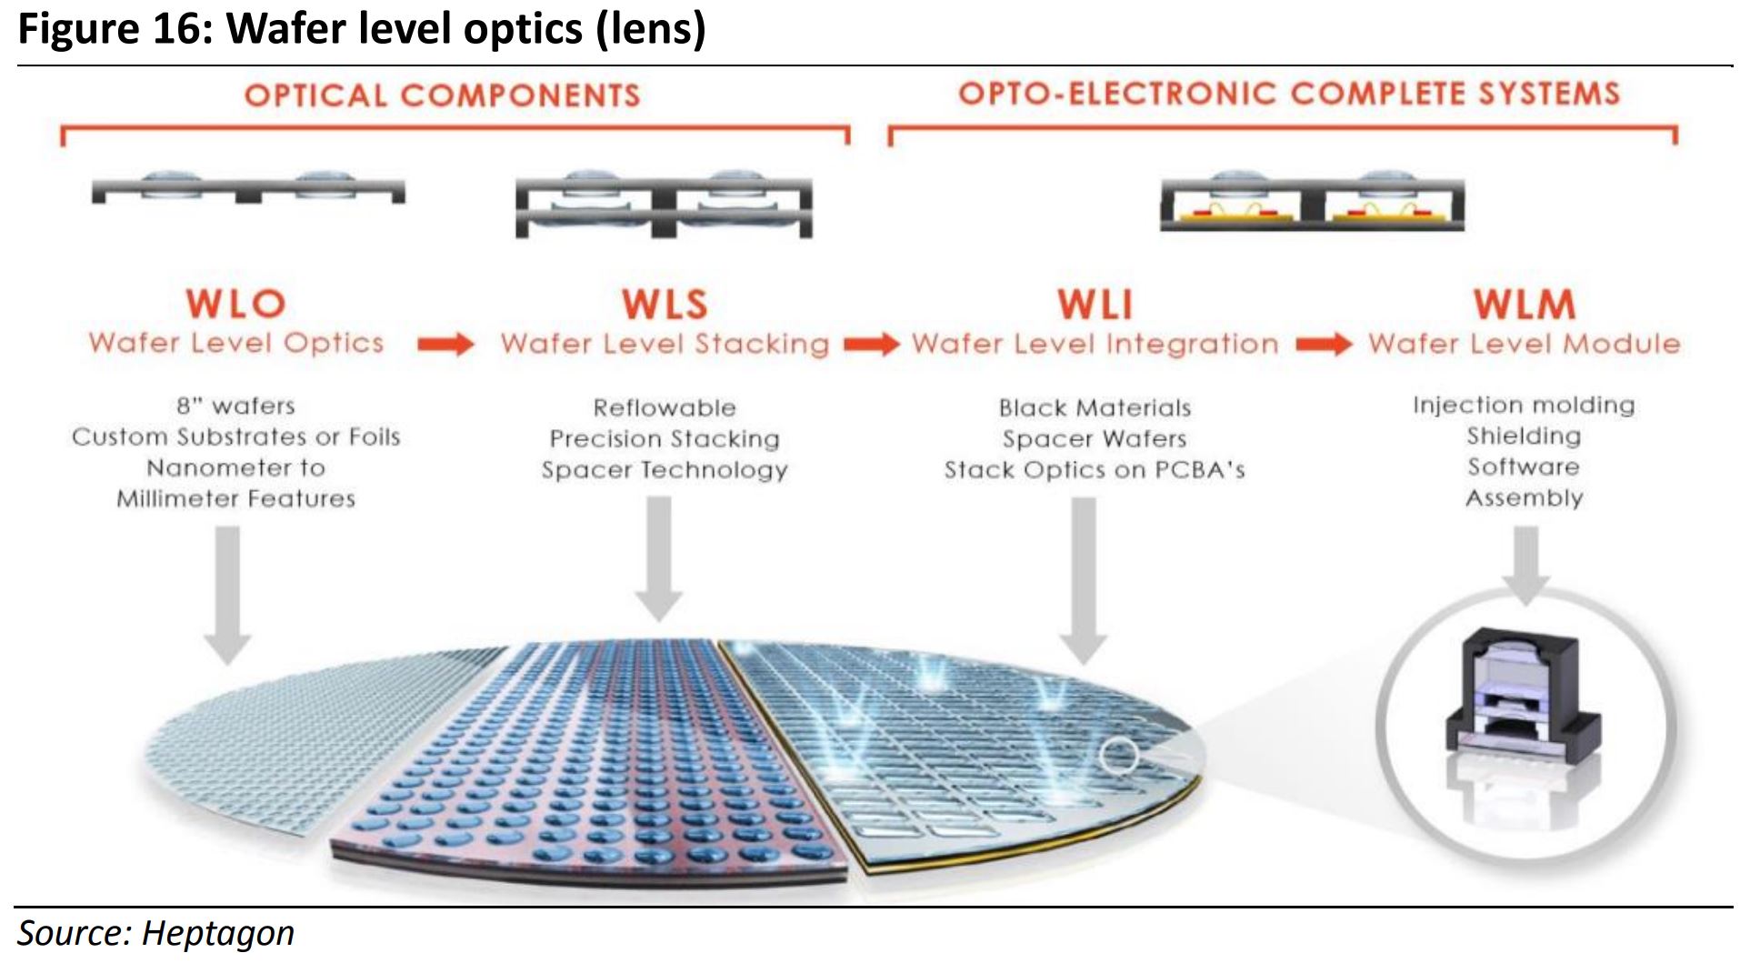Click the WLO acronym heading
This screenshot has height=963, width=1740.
(236, 304)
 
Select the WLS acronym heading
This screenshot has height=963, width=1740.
(665, 305)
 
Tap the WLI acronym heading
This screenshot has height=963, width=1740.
(1095, 305)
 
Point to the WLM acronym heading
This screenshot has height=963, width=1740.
(1525, 305)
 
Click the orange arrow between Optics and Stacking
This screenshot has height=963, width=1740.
(445, 345)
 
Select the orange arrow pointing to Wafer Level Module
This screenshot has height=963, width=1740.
(1324, 345)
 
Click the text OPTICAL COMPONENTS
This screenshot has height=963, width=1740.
(442, 95)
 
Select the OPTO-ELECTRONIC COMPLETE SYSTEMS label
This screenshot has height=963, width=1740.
(1289, 94)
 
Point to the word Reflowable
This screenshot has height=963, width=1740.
(665, 407)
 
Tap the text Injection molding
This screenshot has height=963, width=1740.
(1524, 405)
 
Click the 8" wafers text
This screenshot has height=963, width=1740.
(235, 406)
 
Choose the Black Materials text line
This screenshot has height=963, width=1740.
(1095, 407)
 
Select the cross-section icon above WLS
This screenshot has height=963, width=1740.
(664, 205)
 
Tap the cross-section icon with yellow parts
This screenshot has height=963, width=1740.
(1312, 202)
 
